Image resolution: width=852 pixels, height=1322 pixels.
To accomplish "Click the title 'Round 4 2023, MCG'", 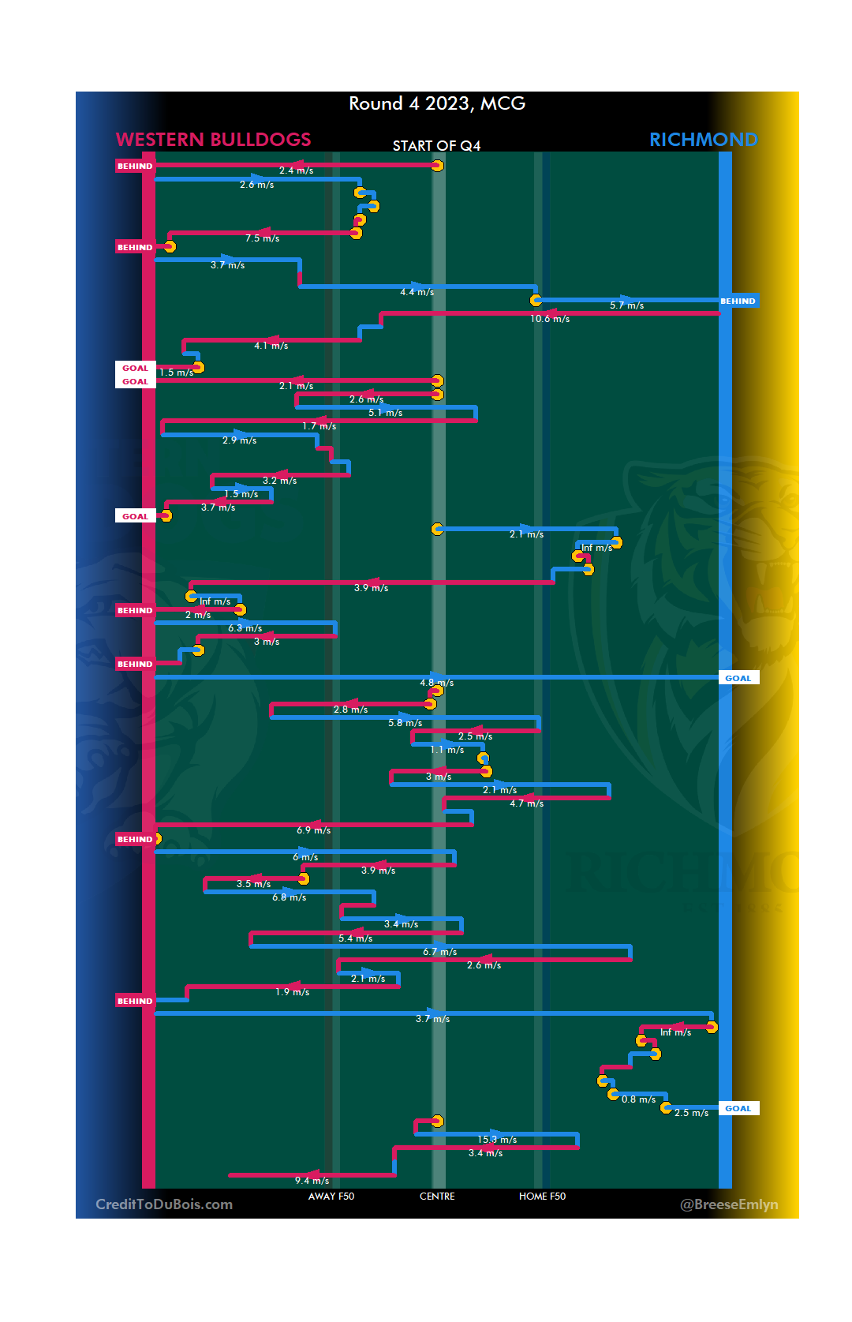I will pos(437,103).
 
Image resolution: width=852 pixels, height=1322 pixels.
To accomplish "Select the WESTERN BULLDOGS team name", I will pos(213,140).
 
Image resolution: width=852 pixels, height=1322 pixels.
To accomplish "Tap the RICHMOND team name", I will pos(703,140).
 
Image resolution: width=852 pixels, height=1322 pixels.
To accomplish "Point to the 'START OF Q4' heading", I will pos(436,146).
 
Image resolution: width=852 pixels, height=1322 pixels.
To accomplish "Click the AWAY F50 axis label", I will pos(331,1197).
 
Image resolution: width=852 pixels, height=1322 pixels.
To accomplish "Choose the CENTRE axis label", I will pos(437,1197).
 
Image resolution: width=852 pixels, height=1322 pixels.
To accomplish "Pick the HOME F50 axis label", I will pos(542,1197).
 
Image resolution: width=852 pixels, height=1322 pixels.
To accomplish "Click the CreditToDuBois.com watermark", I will pos(164,1204).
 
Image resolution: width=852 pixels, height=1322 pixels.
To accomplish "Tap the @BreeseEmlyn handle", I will pos(729,1204).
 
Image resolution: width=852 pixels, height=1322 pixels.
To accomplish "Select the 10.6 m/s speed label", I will pos(550,319).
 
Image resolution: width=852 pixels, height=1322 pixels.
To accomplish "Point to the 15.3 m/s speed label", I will pos(497,1140).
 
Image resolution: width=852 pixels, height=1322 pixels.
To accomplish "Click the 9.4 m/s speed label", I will pos(312,1181).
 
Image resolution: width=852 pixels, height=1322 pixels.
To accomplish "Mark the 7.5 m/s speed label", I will pos(262,238).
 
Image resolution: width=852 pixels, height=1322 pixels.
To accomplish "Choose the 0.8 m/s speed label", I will pos(638,1099).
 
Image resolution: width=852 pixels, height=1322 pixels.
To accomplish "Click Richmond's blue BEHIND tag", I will pos(738,301).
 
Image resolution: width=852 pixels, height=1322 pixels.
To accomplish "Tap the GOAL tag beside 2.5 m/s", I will pos(738,1108).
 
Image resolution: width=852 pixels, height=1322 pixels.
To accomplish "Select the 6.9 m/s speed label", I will pos(313,830).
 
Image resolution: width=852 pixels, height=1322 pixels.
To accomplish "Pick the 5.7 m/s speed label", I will pos(626,305).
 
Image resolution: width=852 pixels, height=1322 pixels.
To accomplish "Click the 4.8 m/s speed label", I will pos(436,683).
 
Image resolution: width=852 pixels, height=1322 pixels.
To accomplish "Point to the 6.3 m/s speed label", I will pos(245,628).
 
